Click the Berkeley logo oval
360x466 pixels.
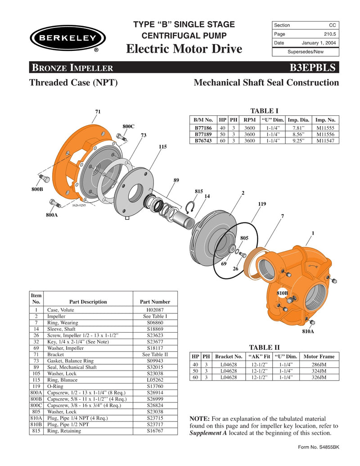[67, 38]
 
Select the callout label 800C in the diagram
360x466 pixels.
[129, 127]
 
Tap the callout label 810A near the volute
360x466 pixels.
[308, 331]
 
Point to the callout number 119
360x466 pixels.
[262, 204]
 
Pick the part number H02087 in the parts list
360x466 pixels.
[155, 310]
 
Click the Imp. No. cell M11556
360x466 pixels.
[325, 134]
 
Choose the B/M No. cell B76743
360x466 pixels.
[203, 140]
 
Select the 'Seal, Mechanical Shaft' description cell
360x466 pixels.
[72, 367]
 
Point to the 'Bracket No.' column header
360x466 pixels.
[229, 356]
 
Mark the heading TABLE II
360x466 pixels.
[264, 347]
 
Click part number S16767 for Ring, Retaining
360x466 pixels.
[155, 431]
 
